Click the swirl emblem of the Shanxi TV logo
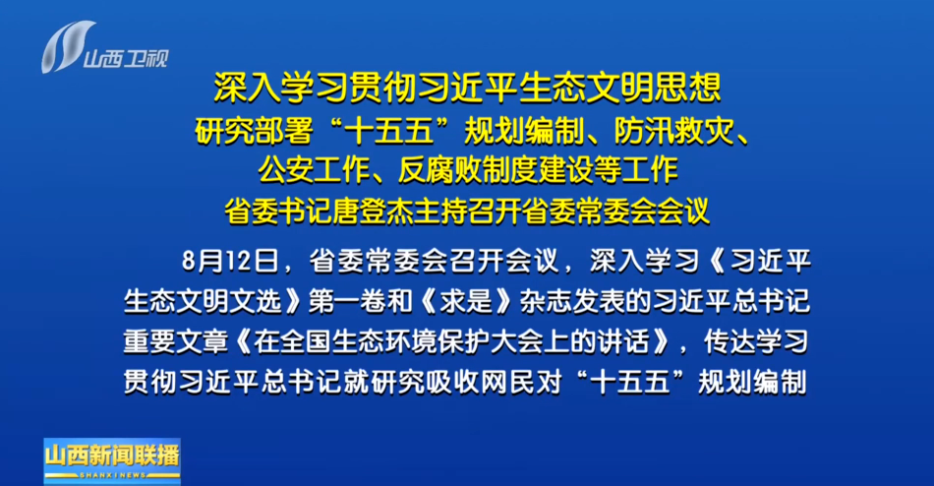pos(67,46)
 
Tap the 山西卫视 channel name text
pos(126,58)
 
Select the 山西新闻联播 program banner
pos(112,461)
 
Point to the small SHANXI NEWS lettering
pos(112,475)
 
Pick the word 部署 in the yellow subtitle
pos(283,131)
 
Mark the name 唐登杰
pos(373,210)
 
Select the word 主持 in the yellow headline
pos(441,210)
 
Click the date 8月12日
pos(230,261)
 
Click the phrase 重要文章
pos(176,341)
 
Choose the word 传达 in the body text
pos(730,341)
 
